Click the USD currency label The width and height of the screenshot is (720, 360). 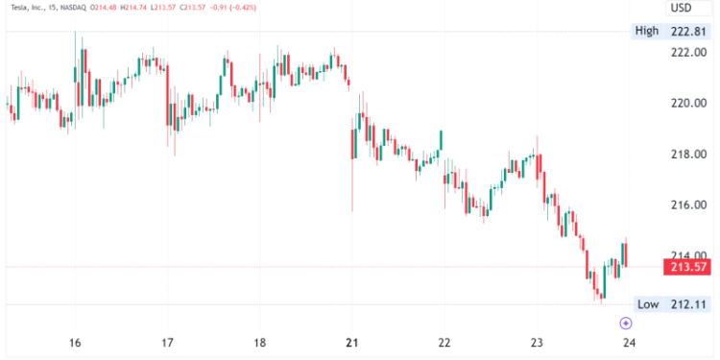click(x=682, y=8)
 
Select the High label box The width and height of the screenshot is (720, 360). click(x=647, y=31)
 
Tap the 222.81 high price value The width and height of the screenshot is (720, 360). click(x=687, y=31)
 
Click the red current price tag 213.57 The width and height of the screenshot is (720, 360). click(x=687, y=266)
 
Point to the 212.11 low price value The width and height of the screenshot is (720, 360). click(x=687, y=304)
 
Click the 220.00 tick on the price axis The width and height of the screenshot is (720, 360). click(x=687, y=103)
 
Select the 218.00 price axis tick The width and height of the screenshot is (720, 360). click(x=687, y=154)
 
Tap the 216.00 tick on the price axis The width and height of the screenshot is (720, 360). click(x=687, y=204)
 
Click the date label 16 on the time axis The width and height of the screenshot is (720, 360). click(x=75, y=343)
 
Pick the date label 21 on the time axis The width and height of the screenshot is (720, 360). click(x=351, y=343)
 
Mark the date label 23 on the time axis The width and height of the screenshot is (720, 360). click(x=537, y=343)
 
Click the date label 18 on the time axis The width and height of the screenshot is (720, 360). click(x=259, y=343)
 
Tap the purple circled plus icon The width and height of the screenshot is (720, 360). click(x=626, y=324)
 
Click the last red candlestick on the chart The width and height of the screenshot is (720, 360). click(x=626, y=253)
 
